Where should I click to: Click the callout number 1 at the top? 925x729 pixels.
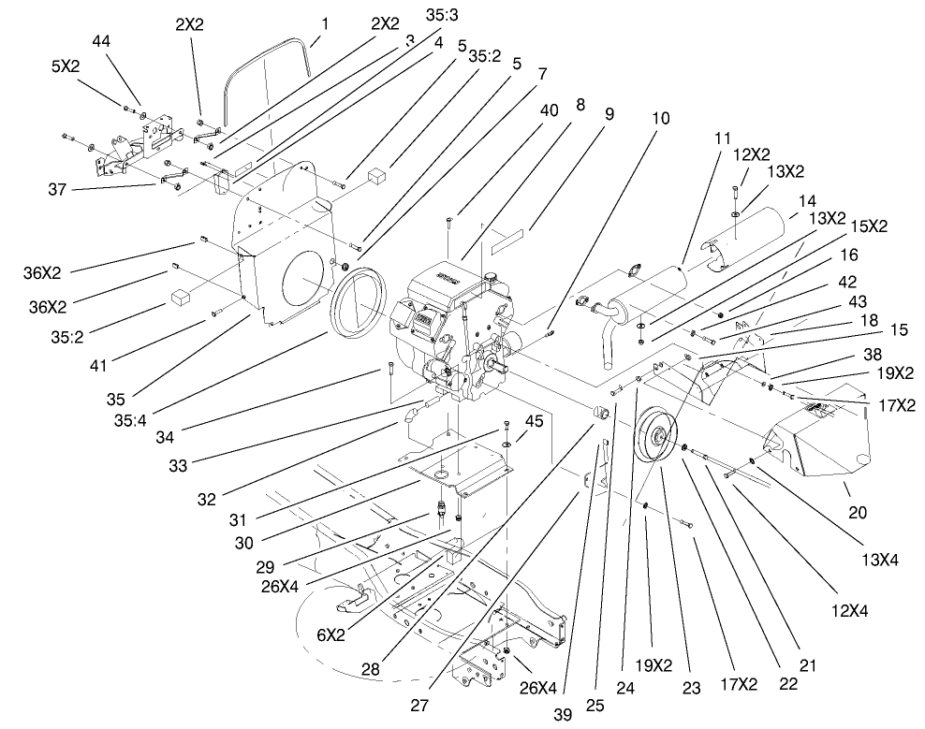[x=324, y=22]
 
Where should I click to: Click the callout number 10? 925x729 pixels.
[x=661, y=119]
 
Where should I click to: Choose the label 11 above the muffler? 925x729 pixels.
[x=722, y=138]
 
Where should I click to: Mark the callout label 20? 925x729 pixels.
[x=858, y=512]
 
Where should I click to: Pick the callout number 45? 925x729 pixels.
[x=535, y=421]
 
